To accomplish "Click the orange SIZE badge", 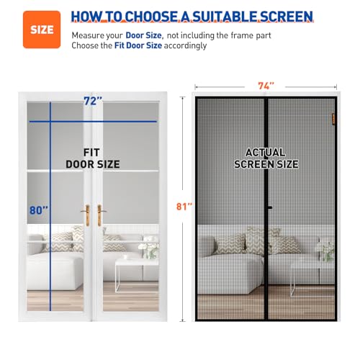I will [42, 30].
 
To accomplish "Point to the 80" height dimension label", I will [39, 211].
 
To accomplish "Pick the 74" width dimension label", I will [266, 85].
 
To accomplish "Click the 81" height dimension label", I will [184, 207].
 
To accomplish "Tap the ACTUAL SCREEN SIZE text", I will [265, 158].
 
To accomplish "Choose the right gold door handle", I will [99, 213].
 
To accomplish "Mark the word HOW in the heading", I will [89, 16].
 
